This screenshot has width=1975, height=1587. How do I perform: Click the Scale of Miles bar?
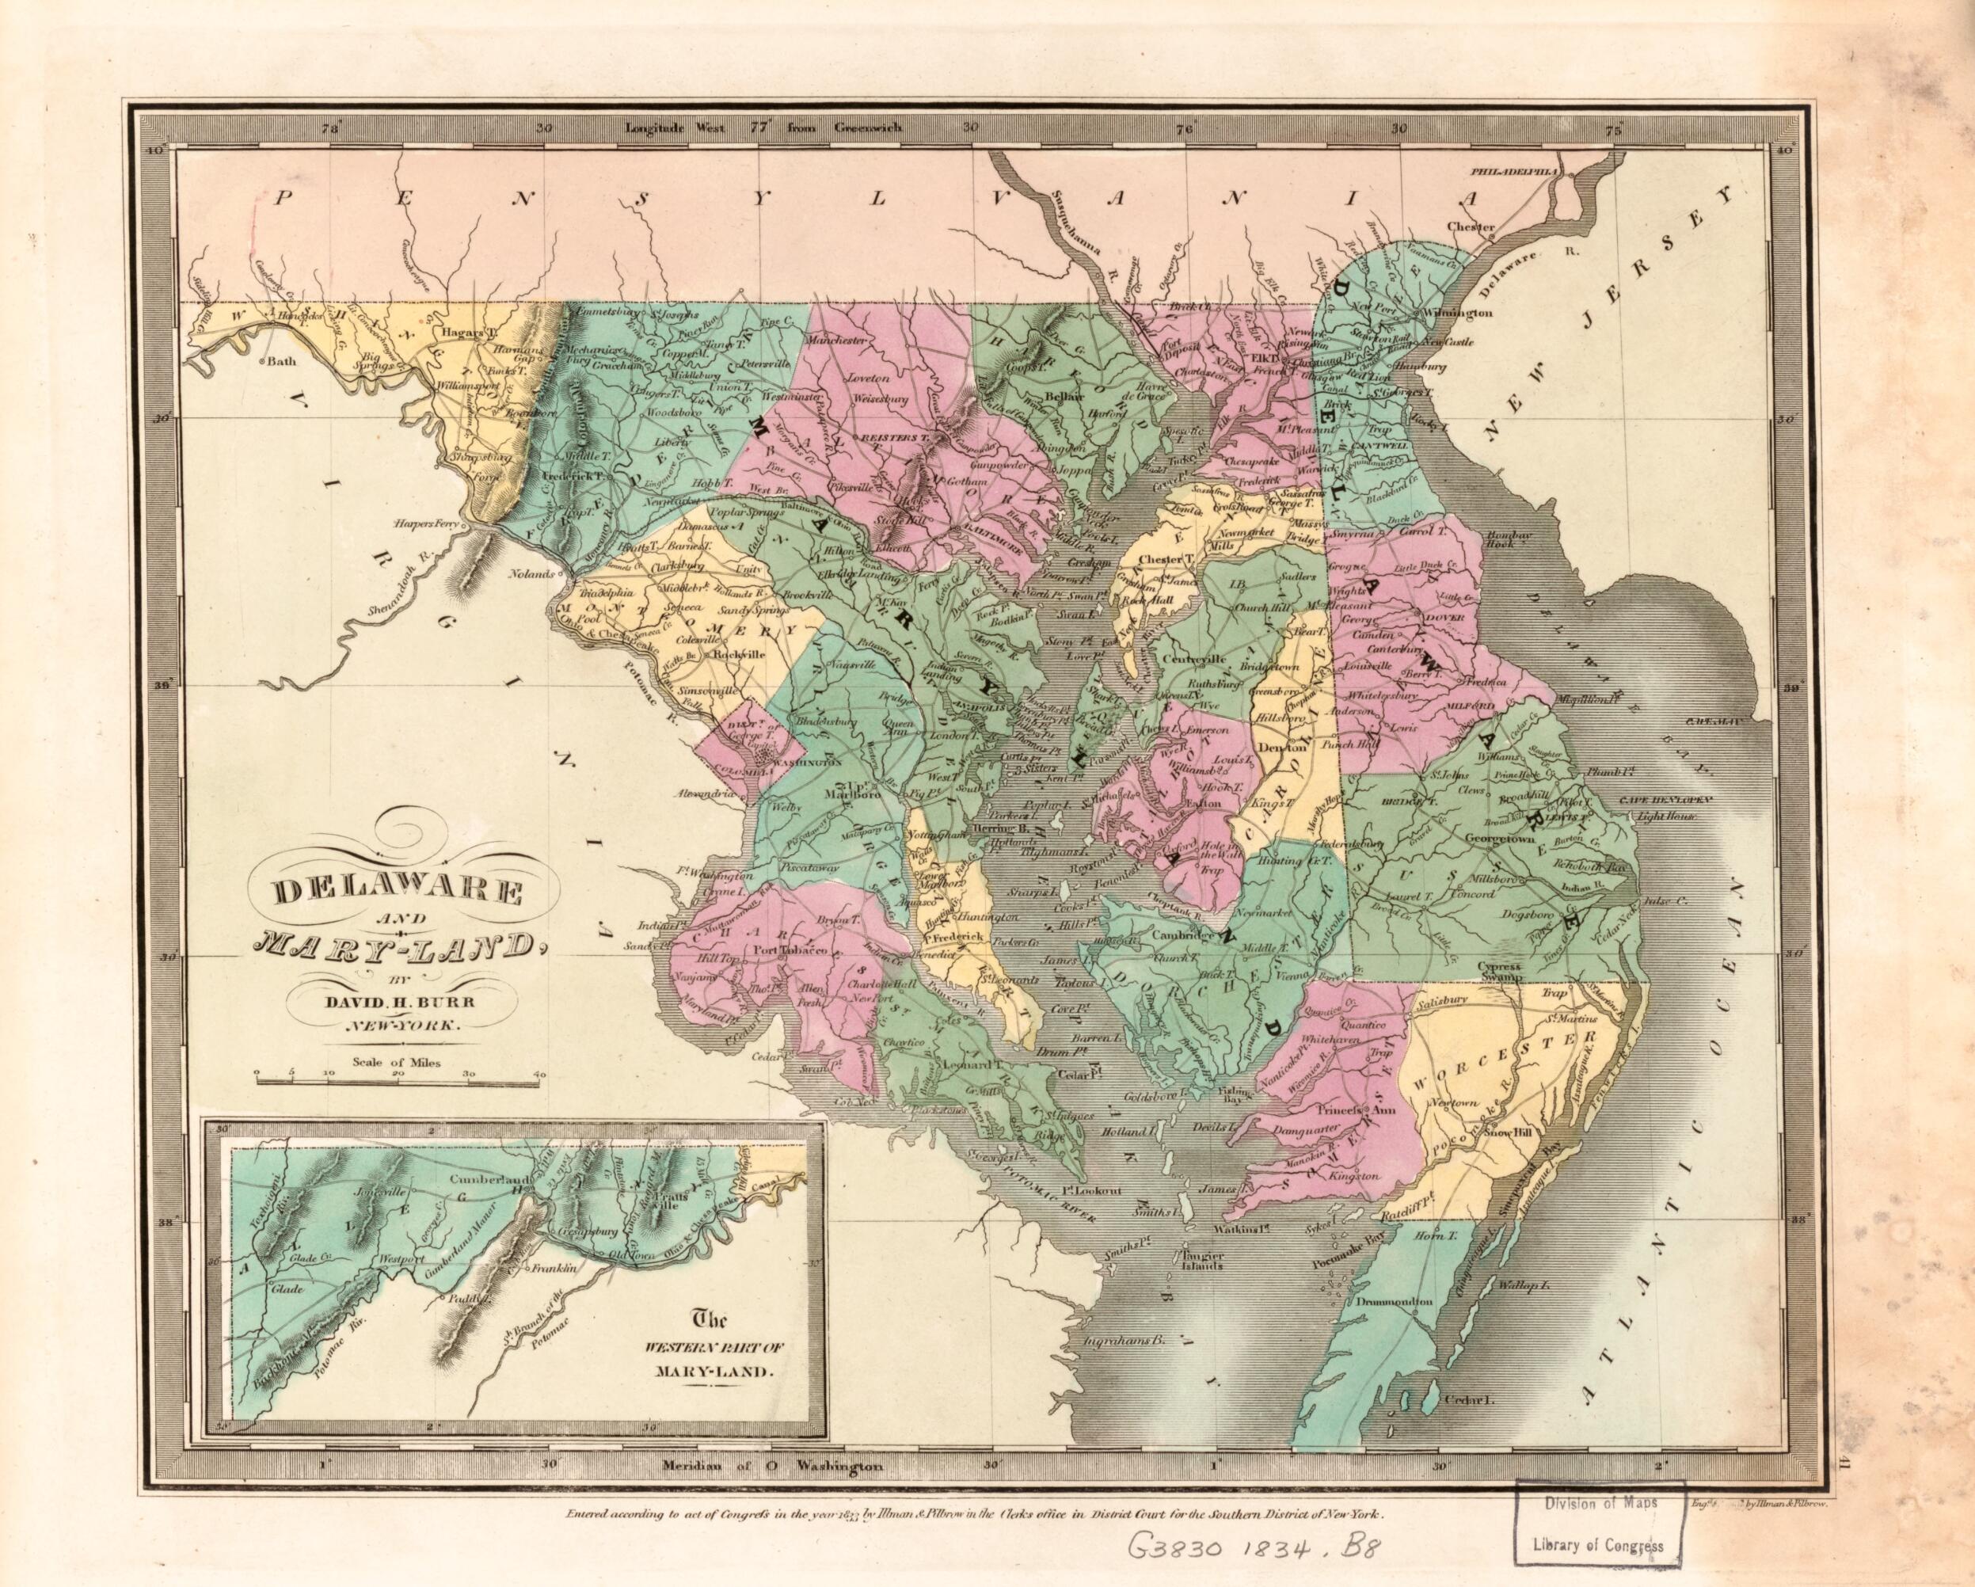pos(401,1082)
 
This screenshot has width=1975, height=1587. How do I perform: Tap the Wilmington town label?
pos(1456,314)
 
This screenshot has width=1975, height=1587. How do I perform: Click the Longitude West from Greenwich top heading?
pos(764,127)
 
